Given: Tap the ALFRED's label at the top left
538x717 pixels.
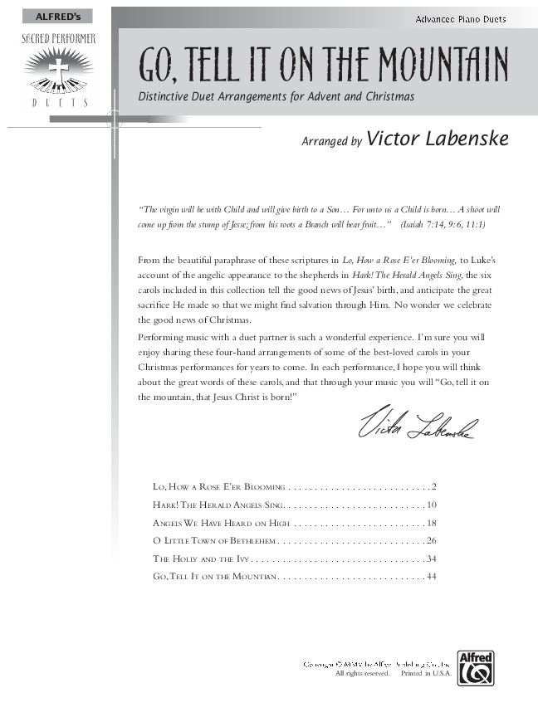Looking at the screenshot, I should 52,17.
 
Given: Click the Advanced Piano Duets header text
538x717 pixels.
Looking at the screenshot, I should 461,19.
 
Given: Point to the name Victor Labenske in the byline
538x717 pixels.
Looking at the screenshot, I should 437,139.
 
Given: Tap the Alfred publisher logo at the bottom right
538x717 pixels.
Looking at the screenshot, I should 479,666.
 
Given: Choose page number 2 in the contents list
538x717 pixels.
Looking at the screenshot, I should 433,486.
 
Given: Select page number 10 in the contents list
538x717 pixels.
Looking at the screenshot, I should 431,505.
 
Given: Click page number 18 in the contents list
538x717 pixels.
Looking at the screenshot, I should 431,523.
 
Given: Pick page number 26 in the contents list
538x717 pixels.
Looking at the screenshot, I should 431,541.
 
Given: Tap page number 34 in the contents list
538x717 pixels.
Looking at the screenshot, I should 431,558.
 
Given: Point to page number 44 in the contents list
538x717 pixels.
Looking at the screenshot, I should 431,577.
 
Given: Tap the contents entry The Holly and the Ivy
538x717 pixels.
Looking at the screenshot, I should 200,558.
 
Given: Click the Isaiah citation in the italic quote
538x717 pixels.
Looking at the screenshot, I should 443,225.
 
